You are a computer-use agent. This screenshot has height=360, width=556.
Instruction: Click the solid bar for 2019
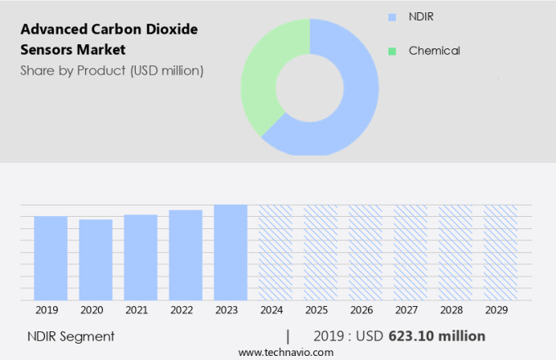51,259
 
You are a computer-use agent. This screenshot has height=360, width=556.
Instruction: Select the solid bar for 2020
96,260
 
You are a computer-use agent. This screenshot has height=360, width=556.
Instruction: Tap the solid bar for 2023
231,253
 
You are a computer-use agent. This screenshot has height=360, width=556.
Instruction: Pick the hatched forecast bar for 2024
276,253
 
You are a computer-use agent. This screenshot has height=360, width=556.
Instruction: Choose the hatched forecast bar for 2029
500,253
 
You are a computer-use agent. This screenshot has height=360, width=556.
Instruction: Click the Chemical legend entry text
434,51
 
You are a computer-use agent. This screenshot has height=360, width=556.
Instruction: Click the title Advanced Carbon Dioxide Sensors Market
109,38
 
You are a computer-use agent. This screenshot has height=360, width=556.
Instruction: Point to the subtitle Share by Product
111,70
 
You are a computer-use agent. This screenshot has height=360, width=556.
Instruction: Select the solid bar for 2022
186,255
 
